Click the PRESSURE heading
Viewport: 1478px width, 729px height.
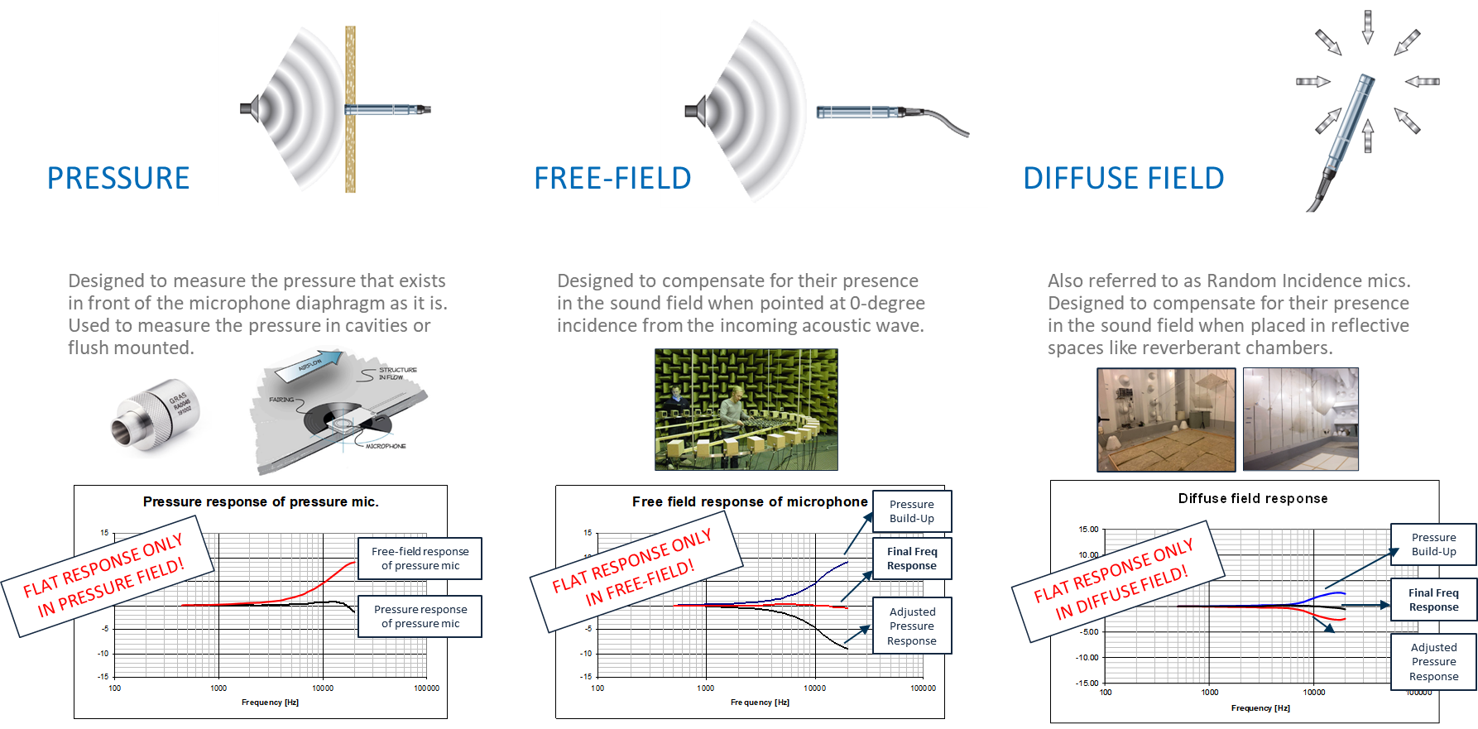click(118, 178)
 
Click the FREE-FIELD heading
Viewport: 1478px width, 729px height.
click(612, 178)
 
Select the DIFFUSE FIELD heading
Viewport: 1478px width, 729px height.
click(1123, 178)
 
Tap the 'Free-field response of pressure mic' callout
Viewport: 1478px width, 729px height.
click(420, 559)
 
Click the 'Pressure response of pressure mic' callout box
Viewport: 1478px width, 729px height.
click(420, 616)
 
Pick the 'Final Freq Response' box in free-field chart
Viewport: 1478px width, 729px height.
click(911, 559)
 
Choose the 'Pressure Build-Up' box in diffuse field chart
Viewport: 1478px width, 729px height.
click(1433, 544)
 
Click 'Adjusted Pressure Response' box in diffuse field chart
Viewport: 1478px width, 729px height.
click(1433, 662)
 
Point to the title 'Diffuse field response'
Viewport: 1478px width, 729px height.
click(1252, 498)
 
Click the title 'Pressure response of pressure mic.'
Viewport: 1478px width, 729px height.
click(261, 501)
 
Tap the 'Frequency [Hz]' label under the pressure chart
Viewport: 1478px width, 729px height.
click(270, 703)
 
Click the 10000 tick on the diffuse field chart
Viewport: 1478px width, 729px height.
click(1313, 693)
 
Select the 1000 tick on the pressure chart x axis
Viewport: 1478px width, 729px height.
click(218, 688)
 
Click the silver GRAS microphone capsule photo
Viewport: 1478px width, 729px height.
click(158, 420)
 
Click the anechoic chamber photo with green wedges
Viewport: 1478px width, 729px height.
click(746, 410)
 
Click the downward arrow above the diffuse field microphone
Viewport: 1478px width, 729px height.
click(1367, 26)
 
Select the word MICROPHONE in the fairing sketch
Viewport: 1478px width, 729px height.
click(386, 446)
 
